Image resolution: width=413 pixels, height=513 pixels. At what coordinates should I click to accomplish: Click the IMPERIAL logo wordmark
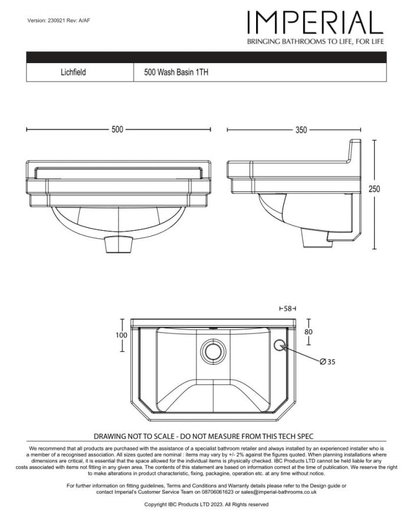(315, 23)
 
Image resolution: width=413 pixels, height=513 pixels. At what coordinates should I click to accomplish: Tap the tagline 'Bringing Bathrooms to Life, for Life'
(316, 42)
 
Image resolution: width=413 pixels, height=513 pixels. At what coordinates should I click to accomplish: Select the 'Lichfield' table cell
(73, 73)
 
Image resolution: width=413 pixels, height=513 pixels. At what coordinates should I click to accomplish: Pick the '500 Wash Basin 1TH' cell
(176, 73)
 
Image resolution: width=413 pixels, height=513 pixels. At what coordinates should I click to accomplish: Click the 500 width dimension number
(117, 130)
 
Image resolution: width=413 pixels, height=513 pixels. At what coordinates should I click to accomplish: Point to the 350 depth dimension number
(301, 130)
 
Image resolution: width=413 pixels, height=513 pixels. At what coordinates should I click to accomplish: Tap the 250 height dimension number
(375, 189)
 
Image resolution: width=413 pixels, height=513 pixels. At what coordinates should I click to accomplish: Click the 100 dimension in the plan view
(121, 335)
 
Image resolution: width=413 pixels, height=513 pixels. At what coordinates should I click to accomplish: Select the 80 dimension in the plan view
(309, 332)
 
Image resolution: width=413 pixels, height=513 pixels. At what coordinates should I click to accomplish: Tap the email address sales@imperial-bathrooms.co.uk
(278, 491)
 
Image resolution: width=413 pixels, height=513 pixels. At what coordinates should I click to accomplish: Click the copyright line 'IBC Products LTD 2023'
(206, 505)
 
